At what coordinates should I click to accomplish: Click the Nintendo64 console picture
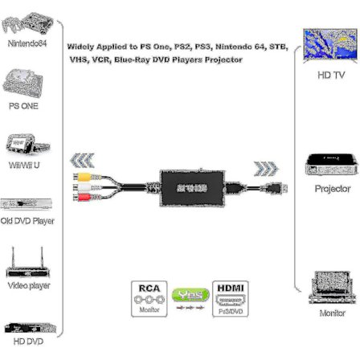(x=23, y=22)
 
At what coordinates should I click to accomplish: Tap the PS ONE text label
(x=23, y=105)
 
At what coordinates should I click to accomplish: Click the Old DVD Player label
(x=27, y=220)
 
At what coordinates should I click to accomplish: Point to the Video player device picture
(x=27, y=264)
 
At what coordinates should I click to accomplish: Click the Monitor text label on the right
(x=332, y=313)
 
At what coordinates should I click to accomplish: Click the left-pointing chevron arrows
(x=83, y=160)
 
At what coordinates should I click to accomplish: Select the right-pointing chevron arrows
(x=266, y=168)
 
